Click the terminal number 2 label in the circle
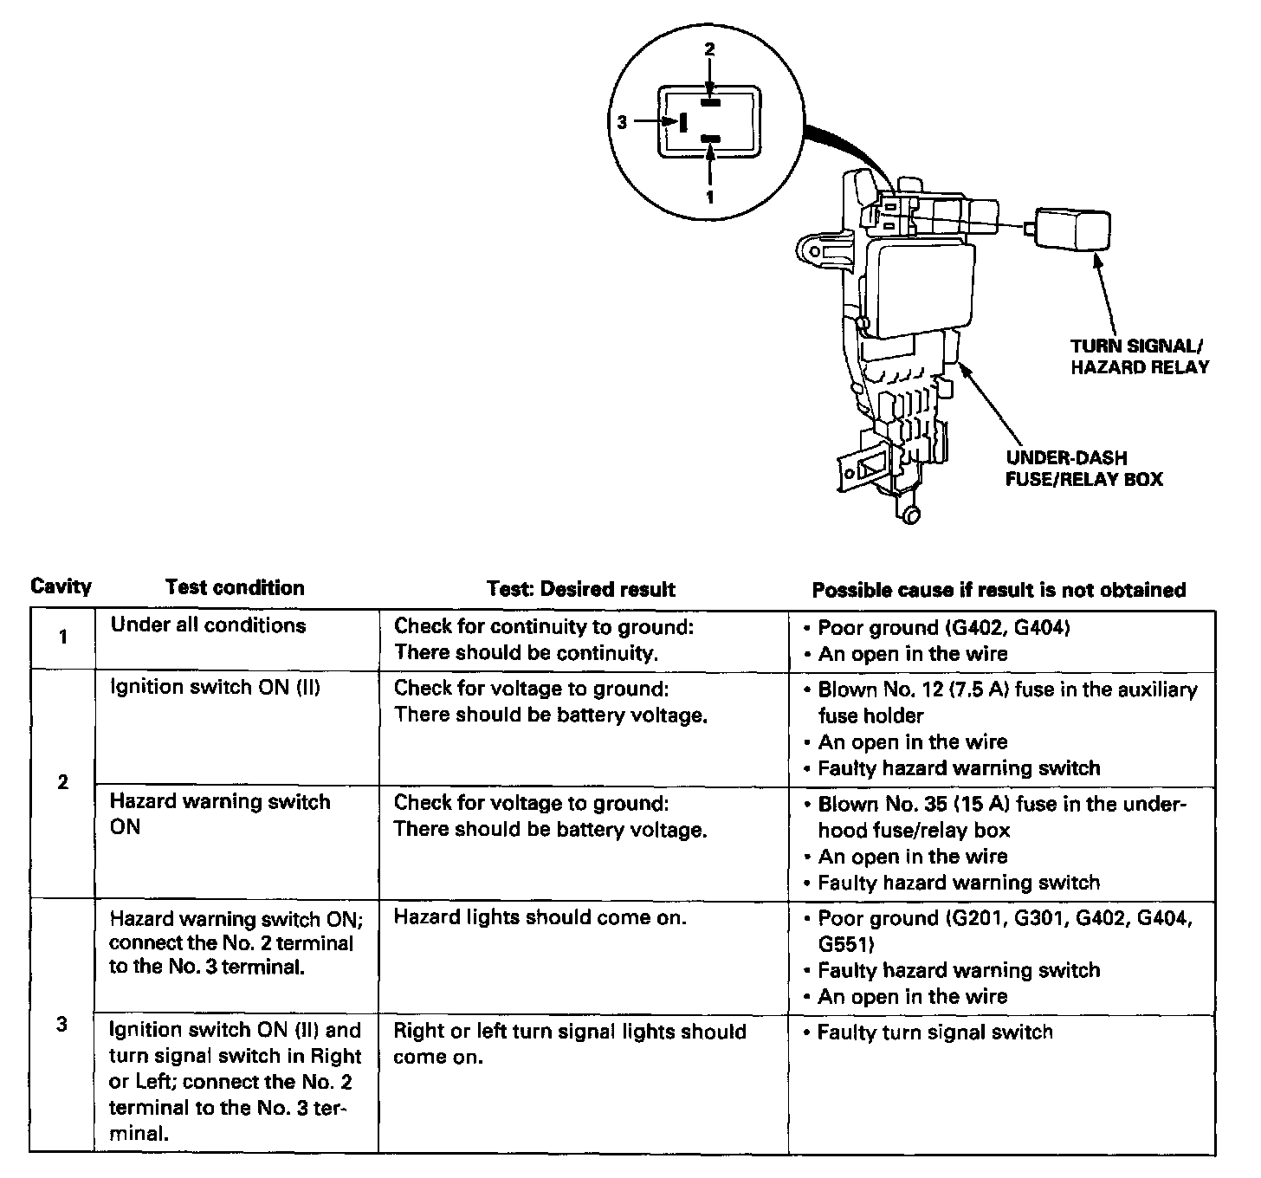[x=709, y=49]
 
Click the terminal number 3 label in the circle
[x=622, y=122]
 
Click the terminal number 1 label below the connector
[x=709, y=197]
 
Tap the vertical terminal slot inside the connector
[x=683, y=122]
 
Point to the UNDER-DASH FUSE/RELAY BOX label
[x=1083, y=468]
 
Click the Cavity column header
[x=61, y=586]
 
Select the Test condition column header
[x=235, y=587]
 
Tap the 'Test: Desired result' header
[x=580, y=590]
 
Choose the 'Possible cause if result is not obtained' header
[x=998, y=590]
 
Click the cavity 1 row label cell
[x=62, y=638]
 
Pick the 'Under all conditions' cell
[x=208, y=625]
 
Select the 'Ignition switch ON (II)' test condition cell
[x=215, y=688]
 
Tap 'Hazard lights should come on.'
[x=540, y=917]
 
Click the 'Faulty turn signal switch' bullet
[x=935, y=1032]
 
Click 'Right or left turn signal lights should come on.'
[x=569, y=1044]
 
